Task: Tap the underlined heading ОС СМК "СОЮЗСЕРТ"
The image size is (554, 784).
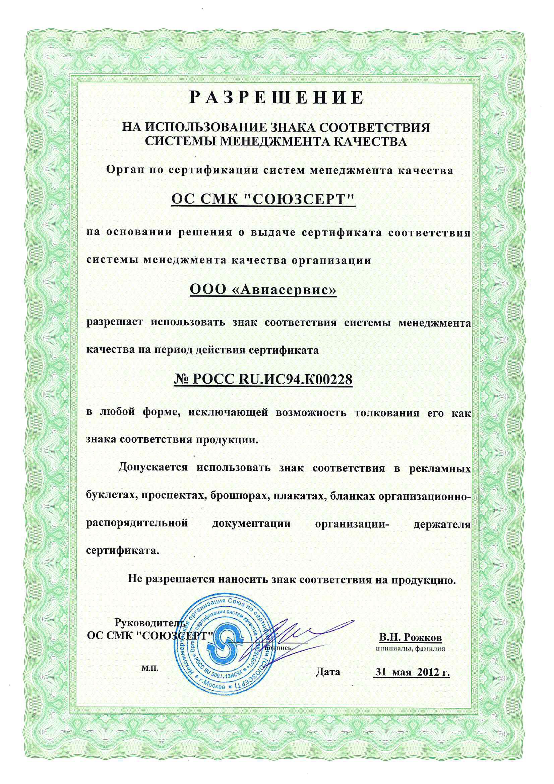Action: pyautogui.click(x=263, y=200)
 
